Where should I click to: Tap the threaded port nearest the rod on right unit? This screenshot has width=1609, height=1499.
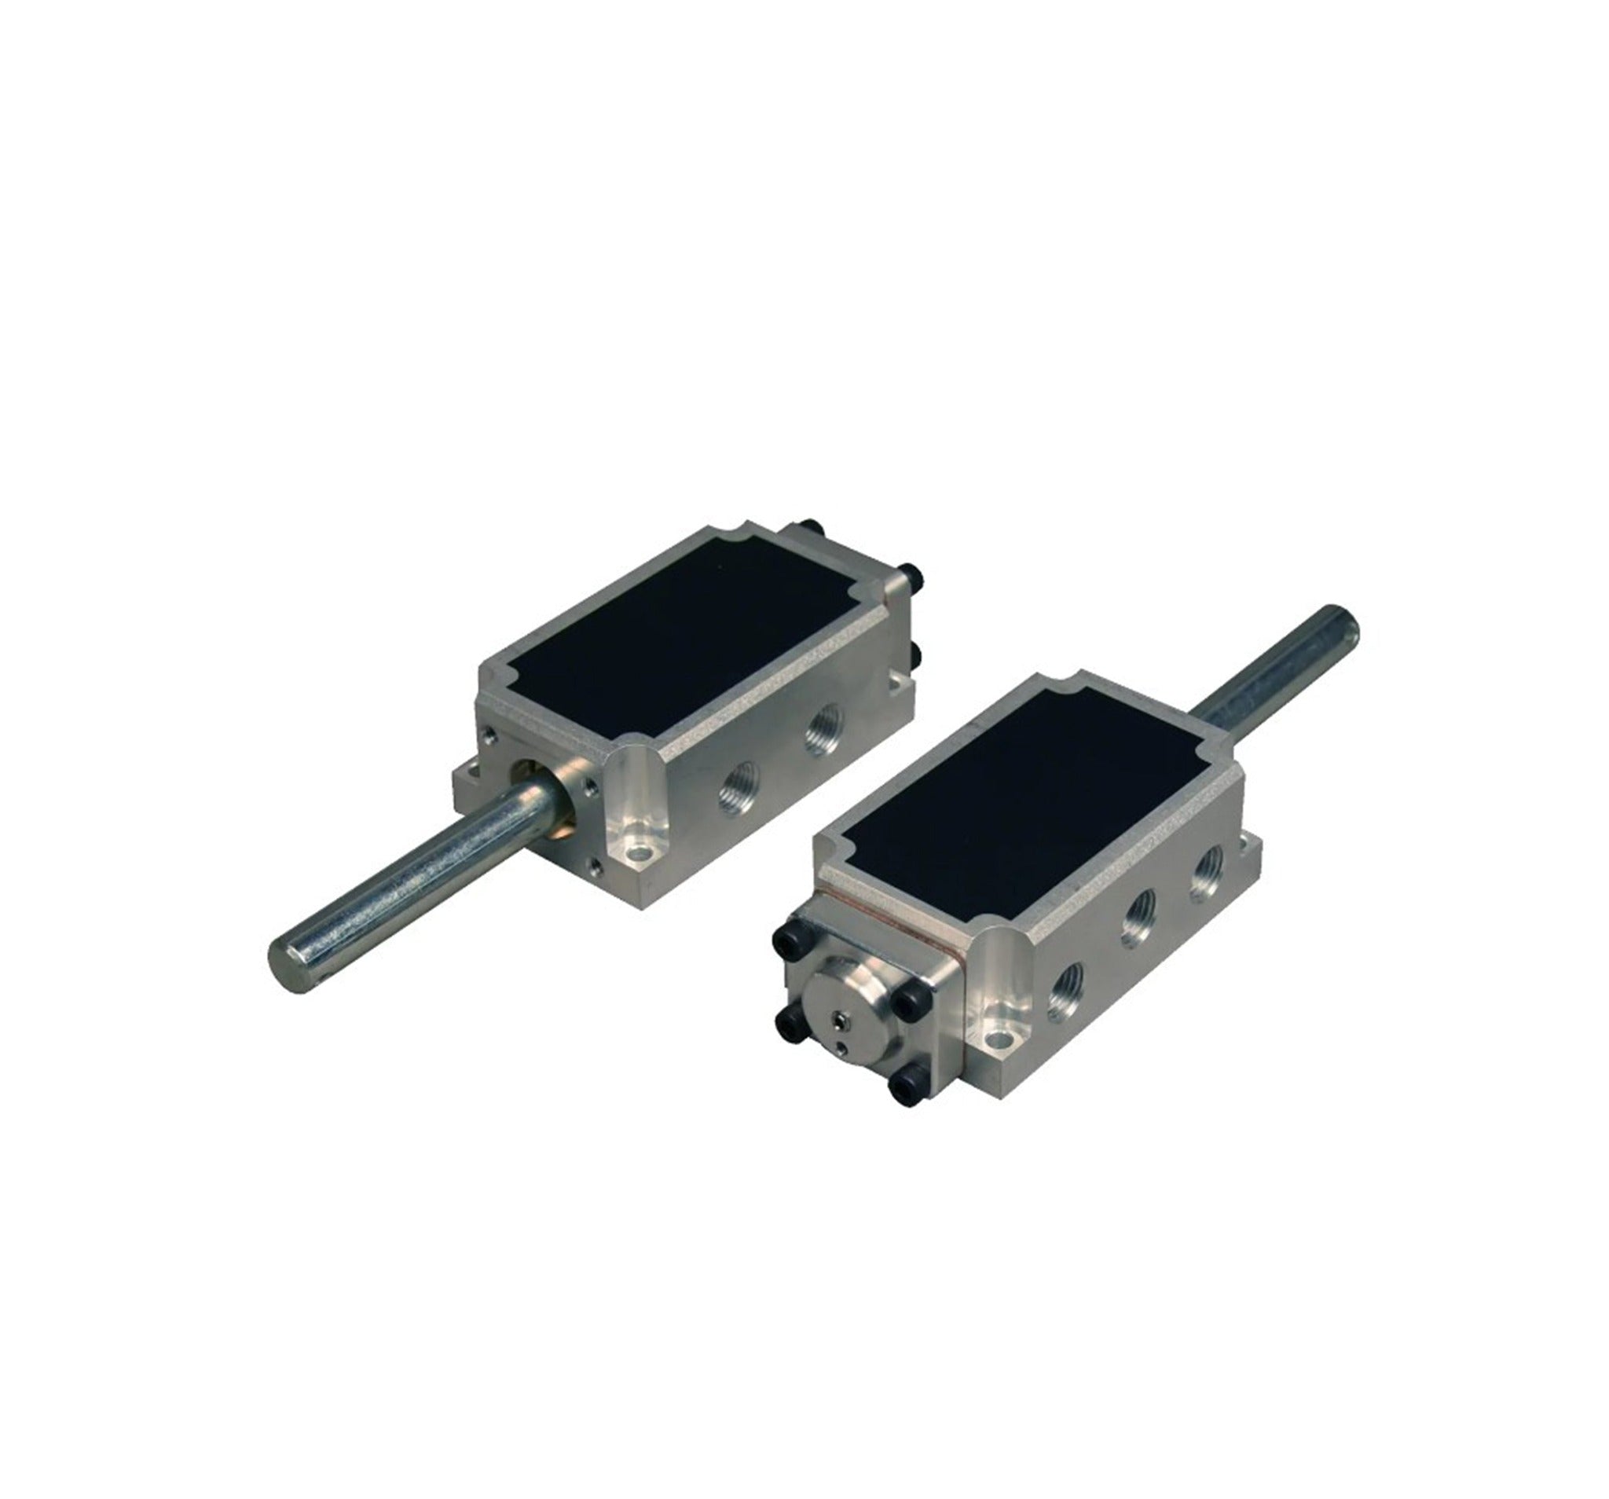1204,878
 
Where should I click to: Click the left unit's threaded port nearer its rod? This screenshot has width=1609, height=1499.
736,789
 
